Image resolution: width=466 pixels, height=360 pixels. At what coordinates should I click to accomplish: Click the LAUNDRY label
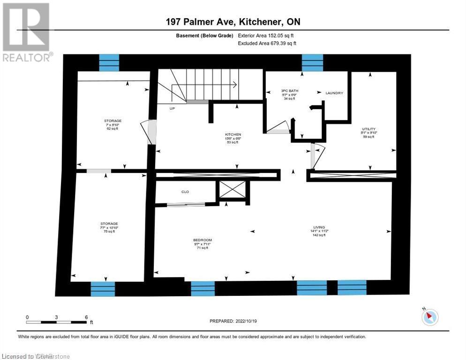click(x=334, y=93)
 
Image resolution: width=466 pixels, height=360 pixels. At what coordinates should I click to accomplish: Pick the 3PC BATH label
click(x=289, y=90)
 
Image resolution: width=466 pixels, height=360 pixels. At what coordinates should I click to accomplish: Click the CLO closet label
click(x=185, y=192)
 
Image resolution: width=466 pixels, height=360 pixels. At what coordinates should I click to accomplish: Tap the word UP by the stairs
click(x=173, y=108)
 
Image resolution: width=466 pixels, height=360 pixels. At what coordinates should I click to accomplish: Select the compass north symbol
click(x=429, y=317)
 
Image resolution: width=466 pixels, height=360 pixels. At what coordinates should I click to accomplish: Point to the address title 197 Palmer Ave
click(x=233, y=22)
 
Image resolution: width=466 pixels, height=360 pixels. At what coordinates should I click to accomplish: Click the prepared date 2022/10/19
click(x=233, y=321)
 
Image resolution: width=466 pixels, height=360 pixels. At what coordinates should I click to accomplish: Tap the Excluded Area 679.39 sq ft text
click(x=267, y=43)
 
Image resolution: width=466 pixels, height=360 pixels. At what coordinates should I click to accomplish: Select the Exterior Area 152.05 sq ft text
click(x=265, y=35)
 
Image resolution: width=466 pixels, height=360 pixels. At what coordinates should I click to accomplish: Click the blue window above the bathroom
click(x=312, y=63)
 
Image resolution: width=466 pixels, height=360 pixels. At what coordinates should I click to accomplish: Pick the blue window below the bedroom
click(x=203, y=288)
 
